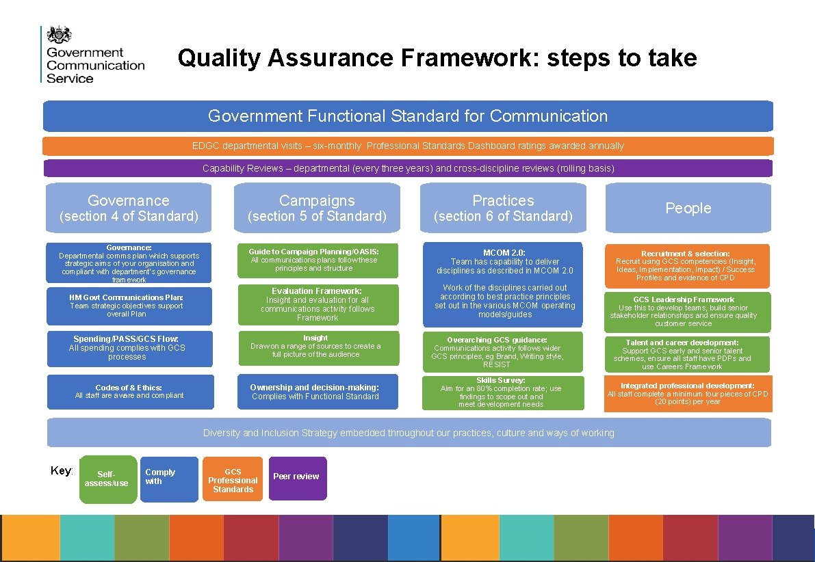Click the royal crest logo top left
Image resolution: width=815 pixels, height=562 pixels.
coord(59,34)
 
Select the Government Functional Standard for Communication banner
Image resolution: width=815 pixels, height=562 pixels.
coord(408,116)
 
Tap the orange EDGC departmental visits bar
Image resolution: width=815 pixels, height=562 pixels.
coord(408,146)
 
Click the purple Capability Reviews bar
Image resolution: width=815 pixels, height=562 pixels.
coord(408,168)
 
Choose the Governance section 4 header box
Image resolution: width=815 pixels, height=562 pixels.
coord(129,208)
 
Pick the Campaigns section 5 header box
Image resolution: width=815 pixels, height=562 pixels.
coord(317,208)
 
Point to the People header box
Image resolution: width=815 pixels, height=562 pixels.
coord(688,208)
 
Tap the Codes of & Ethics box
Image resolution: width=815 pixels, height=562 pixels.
coord(129,392)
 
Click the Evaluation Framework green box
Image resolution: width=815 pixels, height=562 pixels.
coord(318,304)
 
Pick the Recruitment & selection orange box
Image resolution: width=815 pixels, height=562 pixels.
coord(686,265)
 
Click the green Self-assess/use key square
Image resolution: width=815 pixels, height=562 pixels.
coord(107,479)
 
